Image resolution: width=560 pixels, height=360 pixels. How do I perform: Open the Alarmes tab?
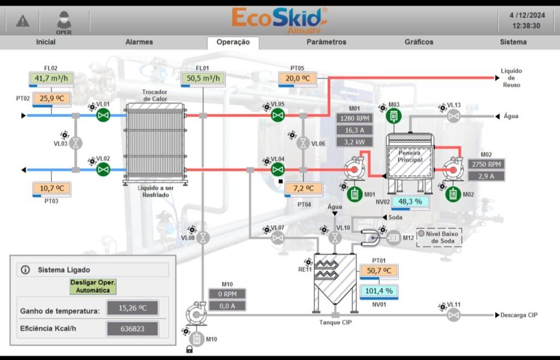click(x=139, y=42)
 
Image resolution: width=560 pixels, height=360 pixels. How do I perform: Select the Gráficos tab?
click(x=419, y=42)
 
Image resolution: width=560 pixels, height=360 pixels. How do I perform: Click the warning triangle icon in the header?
click(x=22, y=21)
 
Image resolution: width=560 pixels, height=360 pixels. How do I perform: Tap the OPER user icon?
click(x=63, y=21)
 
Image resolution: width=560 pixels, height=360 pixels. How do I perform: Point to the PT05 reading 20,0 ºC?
click(x=297, y=79)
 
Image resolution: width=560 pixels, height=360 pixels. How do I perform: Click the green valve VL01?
click(x=103, y=115)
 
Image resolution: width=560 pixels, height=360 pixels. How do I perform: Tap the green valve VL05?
click(x=278, y=115)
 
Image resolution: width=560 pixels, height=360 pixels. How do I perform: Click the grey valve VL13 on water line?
click(x=453, y=116)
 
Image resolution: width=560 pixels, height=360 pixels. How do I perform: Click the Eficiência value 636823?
click(x=132, y=329)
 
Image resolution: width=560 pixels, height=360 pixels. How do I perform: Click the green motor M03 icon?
click(x=394, y=116)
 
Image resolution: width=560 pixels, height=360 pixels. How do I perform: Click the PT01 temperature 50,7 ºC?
click(x=378, y=271)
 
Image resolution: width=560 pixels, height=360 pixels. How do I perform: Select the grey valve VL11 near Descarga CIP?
click(x=453, y=315)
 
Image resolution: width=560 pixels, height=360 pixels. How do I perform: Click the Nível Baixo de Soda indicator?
click(x=439, y=236)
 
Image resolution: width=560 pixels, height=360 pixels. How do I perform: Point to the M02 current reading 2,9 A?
click(x=486, y=176)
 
